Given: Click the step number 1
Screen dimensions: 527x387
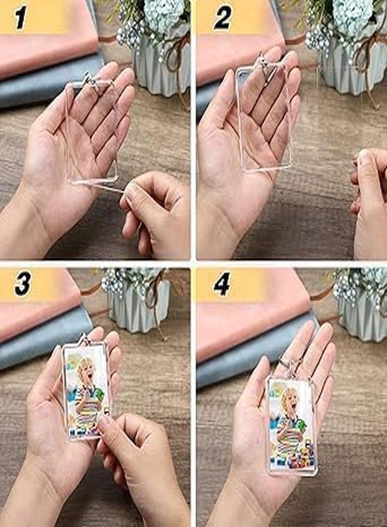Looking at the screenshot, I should point(21,18).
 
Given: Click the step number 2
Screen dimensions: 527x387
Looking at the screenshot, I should point(222,18).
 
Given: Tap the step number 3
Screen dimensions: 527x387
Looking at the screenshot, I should point(22,284).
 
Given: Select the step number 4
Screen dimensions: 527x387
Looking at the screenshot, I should point(222,285).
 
